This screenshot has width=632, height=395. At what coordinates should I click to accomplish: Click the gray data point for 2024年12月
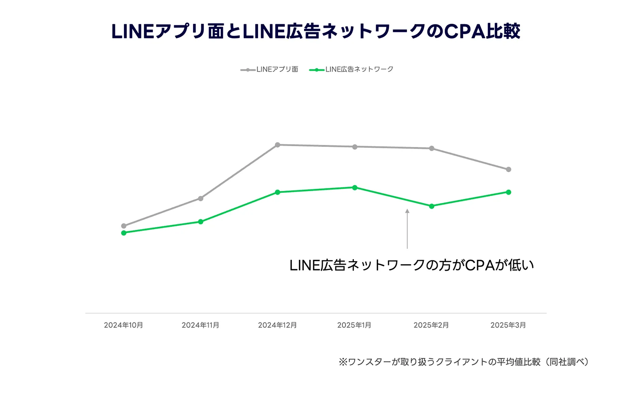point(277,145)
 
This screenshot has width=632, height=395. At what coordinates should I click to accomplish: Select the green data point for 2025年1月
point(355,188)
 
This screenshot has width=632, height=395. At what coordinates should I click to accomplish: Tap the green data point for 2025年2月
point(432,206)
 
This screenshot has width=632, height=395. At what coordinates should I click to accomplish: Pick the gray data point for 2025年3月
point(508,169)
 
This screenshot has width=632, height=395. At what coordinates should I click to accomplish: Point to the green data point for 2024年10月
point(124,233)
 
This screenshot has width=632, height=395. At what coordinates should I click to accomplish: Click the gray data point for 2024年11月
point(201,198)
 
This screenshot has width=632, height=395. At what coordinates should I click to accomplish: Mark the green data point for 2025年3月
point(508,192)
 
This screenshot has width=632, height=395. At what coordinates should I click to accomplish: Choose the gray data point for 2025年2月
point(432,149)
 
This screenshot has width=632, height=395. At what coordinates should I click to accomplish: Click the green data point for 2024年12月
point(277,192)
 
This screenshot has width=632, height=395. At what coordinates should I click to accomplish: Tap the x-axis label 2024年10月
point(123,325)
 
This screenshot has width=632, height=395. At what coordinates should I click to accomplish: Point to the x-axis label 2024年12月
point(277,325)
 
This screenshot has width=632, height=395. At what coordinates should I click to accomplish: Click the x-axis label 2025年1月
point(354,325)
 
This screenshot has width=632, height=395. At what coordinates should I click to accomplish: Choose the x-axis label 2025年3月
point(508,325)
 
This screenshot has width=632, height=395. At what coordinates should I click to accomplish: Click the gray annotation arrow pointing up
point(407,229)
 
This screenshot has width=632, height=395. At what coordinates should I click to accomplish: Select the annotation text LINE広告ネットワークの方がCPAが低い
point(412,265)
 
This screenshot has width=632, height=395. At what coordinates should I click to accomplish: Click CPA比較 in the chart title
point(482,31)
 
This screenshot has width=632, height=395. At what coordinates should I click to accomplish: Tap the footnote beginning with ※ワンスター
point(464,362)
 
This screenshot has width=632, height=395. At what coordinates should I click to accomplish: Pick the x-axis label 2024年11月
point(200,325)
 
